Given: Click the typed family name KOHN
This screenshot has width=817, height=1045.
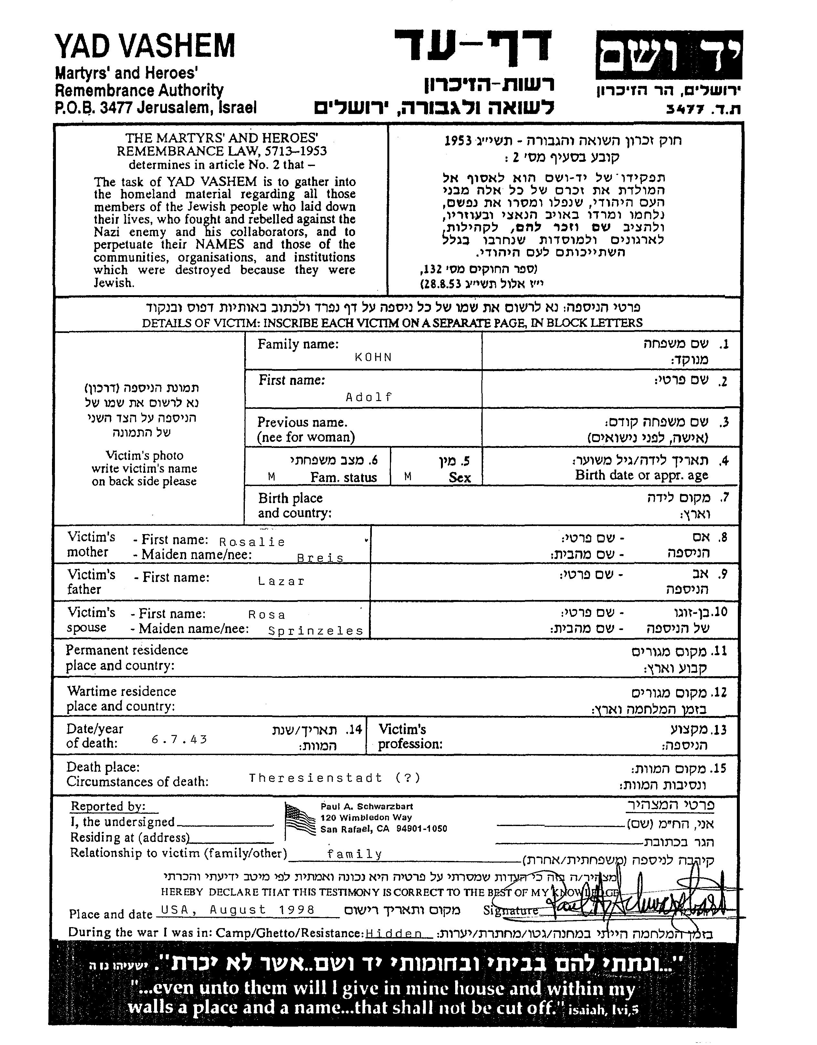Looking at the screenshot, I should coord(373,357).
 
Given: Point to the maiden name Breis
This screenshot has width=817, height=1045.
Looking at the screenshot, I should coord(320,558).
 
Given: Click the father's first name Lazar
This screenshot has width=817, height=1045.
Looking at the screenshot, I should coord(281,581).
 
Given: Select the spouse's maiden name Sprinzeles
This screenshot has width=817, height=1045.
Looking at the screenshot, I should coord(316,631).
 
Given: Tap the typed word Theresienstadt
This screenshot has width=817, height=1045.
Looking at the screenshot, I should coord(316,778).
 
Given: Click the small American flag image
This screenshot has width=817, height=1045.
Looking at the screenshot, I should coord(300,821).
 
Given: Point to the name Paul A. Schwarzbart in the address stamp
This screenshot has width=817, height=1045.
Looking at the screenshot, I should coord(367,806).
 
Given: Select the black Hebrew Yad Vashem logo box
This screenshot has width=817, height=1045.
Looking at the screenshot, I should coord(669,55).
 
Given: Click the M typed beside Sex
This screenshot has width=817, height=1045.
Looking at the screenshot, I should coord(408,477).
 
